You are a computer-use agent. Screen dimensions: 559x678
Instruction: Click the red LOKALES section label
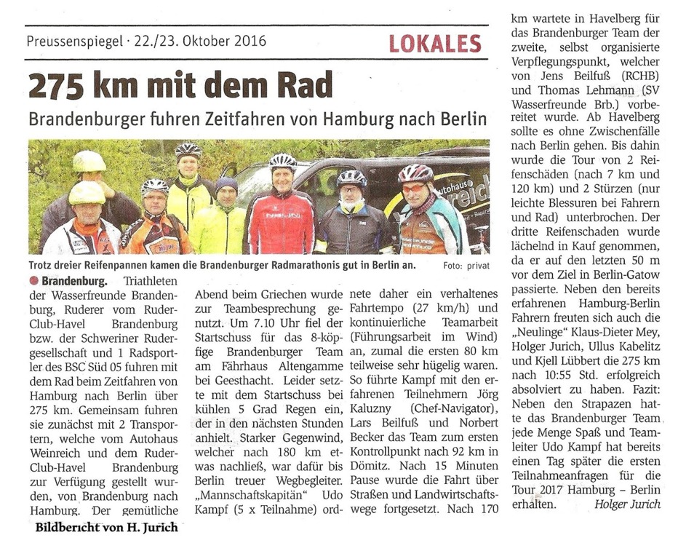(x=435, y=43)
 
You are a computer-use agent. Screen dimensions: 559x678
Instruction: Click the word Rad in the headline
(x=307, y=85)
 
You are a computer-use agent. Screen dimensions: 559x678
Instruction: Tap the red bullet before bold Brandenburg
(x=34, y=280)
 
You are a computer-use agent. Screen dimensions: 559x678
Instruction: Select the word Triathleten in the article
(x=150, y=280)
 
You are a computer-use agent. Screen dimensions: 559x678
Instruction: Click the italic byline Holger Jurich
(x=628, y=504)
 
